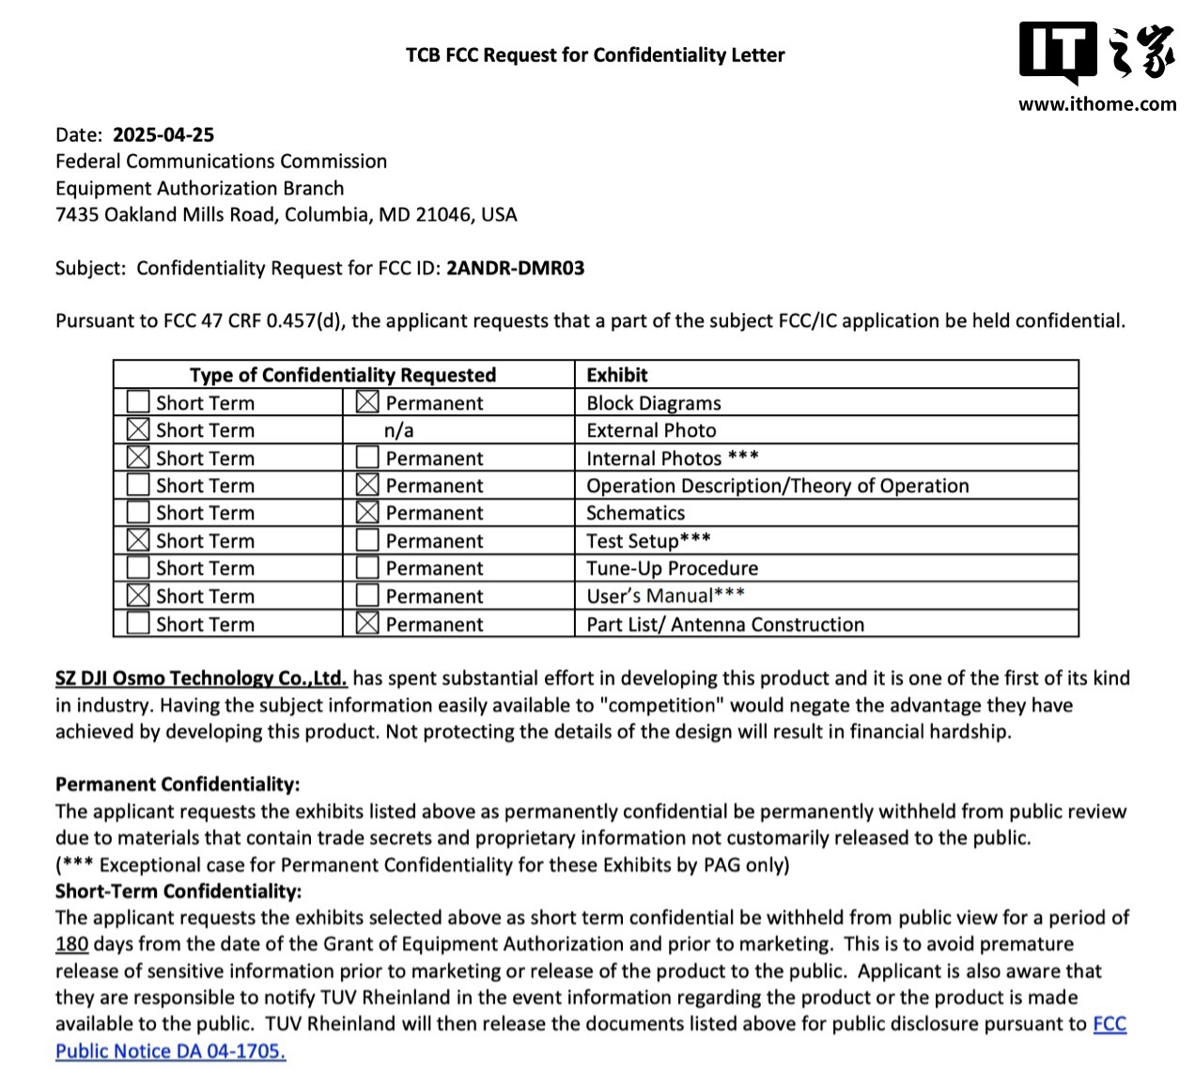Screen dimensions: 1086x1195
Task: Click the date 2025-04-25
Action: [163, 134]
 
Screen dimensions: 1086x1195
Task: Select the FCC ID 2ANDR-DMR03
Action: [515, 268]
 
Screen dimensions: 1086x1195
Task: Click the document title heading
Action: [595, 55]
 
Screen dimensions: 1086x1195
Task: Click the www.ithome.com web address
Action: [1096, 104]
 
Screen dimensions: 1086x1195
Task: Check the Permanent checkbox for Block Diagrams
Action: [367, 403]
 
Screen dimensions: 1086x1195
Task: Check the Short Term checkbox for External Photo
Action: [138, 430]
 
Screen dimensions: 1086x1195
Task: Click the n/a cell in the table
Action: [398, 430]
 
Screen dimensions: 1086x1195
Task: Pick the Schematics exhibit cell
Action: [635, 513]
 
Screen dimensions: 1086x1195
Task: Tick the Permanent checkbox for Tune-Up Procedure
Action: [367, 568]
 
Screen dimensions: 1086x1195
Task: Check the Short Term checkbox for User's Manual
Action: [138, 596]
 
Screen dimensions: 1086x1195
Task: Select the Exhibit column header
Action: [616, 375]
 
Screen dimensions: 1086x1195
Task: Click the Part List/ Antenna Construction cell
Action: [724, 625]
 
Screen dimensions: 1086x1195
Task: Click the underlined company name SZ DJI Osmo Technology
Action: [201, 678]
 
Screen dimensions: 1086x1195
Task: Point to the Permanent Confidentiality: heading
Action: [178, 784]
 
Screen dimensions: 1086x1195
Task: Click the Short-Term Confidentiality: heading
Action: [178, 892]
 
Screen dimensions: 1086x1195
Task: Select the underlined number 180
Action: [71, 944]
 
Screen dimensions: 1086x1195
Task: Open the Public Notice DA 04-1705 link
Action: [170, 1051]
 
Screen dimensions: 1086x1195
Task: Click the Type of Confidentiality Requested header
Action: [342, 375]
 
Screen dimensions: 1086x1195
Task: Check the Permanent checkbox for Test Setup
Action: [367, 540]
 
